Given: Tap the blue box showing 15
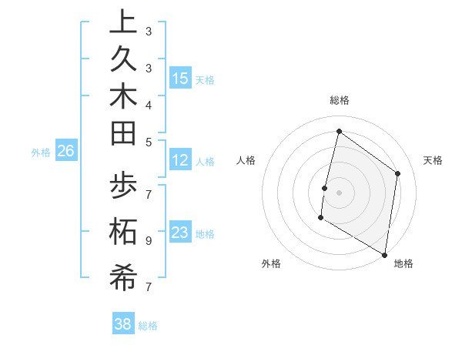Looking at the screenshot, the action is [180, 79].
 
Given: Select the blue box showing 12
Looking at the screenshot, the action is [180, 160].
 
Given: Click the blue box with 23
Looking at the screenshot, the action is [180, 233].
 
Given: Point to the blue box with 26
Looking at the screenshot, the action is [66, 152].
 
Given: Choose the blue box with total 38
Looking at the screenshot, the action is [123, 324].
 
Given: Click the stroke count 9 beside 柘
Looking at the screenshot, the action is [148, 240].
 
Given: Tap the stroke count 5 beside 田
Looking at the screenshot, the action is [148, 141].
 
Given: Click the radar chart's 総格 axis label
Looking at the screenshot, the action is [339, 101].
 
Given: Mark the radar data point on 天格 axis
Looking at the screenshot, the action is [397, 173].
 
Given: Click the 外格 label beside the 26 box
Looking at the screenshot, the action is [41, 153].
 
